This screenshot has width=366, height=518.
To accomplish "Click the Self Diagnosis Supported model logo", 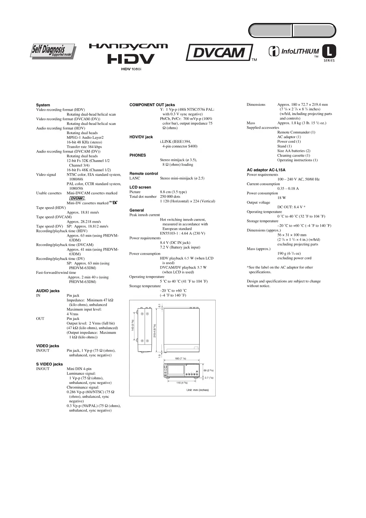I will click(x=53, y=51).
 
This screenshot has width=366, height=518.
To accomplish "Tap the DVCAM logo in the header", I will click(x=219, y=53).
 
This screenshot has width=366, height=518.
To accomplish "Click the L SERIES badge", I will click(x=329, y=53).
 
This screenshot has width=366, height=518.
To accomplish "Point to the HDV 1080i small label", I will click(x=131, y=69).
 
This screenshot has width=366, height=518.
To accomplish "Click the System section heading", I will click(x=43, y=105).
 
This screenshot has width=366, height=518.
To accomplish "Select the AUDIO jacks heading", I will click(x=48, y=291).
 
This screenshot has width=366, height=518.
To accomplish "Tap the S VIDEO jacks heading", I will click(x=49, y=364).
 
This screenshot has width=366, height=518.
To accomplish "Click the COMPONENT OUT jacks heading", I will click(x=152, y=105).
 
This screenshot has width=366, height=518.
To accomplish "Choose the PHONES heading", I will click(x=137, y=155).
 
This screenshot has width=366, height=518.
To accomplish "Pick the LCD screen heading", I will click(x=140, y=187).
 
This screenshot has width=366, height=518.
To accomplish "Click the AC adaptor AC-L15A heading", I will click(x=266, y=170).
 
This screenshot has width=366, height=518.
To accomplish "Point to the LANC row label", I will click(x=135, y=178).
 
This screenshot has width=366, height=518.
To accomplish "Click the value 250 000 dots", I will click(x=170, y=197).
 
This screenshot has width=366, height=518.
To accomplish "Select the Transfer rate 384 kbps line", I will click(x=84, y=147).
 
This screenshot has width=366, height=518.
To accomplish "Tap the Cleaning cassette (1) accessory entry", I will click(x=293, y=156).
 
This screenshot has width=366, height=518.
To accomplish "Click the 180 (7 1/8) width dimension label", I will click(x=180, y=358).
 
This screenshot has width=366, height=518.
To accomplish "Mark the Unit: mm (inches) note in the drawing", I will click(x=197, y=390).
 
